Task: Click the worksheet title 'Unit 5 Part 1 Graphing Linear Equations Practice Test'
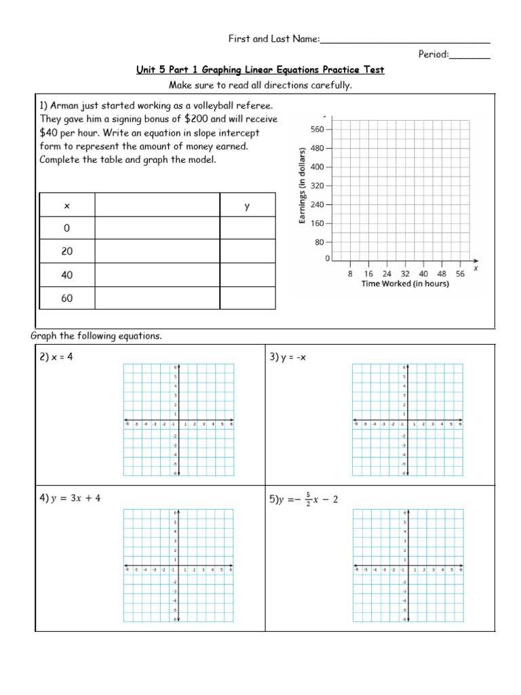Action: pyautogui.click(x=260, y=70)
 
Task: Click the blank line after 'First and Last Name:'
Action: pyautogui.click(x=404, y=41)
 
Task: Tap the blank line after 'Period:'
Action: pyautogui.click(x=469, y=55)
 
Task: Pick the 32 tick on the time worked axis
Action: pyautogui.click(x=406, y=274)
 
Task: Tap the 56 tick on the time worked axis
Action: pyautogui.click(x=461, y=274)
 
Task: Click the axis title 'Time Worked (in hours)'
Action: pyautogui.click(x=405, y=284)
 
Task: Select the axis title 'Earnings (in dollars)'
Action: pyautogui.click(x=302, y=185)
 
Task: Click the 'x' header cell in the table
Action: pyautogui.click(x=67, y=205)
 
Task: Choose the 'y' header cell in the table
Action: pyautogui.click(x=248, y=205)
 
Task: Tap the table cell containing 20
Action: pyautogui.click(x=67, y=251)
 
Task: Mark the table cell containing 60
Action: pyautogui.click(x=67, y=298)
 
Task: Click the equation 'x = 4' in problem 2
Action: pyautogui.click(x=61, y=356)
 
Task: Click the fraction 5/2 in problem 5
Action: pyautogui.click(x=308, y=499)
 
